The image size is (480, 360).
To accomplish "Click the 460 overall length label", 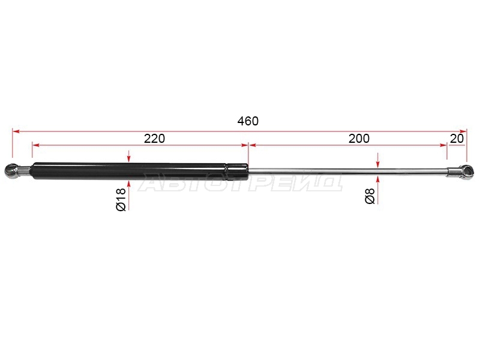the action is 248,121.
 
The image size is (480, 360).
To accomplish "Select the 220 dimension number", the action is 154,139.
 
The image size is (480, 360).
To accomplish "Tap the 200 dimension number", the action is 359,139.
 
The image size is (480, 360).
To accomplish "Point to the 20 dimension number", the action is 457,139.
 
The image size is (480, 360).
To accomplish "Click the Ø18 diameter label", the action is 121,200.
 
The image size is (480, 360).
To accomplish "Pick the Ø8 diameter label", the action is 370,196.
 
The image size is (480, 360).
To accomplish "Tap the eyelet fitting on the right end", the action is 460,172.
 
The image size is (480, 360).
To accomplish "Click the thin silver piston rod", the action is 348,172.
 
